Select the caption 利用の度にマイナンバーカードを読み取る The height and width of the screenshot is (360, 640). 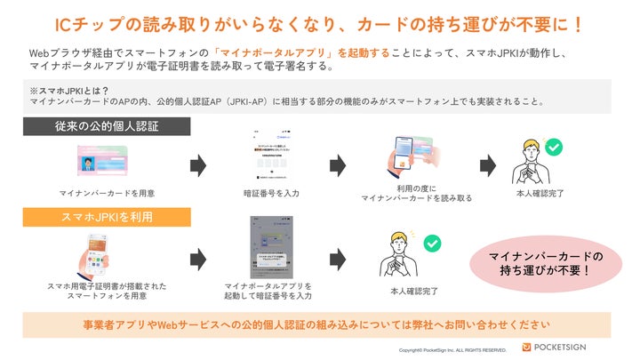(x=416, y=193)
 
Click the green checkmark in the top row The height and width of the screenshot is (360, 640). (x=553, y=147)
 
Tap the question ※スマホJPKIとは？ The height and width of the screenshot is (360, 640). (x=62, y=90)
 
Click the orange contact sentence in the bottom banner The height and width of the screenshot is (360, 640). (x=321, y=324)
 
